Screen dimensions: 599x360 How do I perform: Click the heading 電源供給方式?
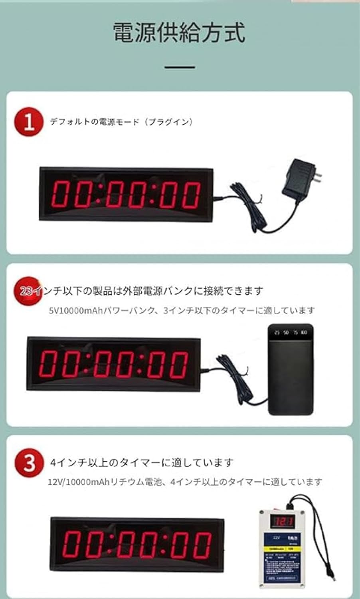click(x=179, y=33)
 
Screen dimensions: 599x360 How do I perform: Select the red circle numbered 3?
click(x=29, y=463)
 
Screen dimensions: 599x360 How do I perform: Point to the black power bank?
click(x=291, y=369)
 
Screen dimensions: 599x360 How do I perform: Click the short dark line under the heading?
click(x=180, y=67)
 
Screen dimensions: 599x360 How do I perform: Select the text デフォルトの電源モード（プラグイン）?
click(x=121, y=122)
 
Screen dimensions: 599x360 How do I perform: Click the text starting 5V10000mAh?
click(x=182, y=310)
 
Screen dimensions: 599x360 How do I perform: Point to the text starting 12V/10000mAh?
click(x=185, y=482)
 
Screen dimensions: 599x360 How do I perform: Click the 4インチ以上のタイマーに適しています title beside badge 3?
click(x=142, y=463)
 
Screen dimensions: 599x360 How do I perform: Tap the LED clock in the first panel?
click(x=126, y=194)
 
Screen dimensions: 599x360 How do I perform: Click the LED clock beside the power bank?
click(x=113, y=363)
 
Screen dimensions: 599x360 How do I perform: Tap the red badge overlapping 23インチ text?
click(x=27, y=291)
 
